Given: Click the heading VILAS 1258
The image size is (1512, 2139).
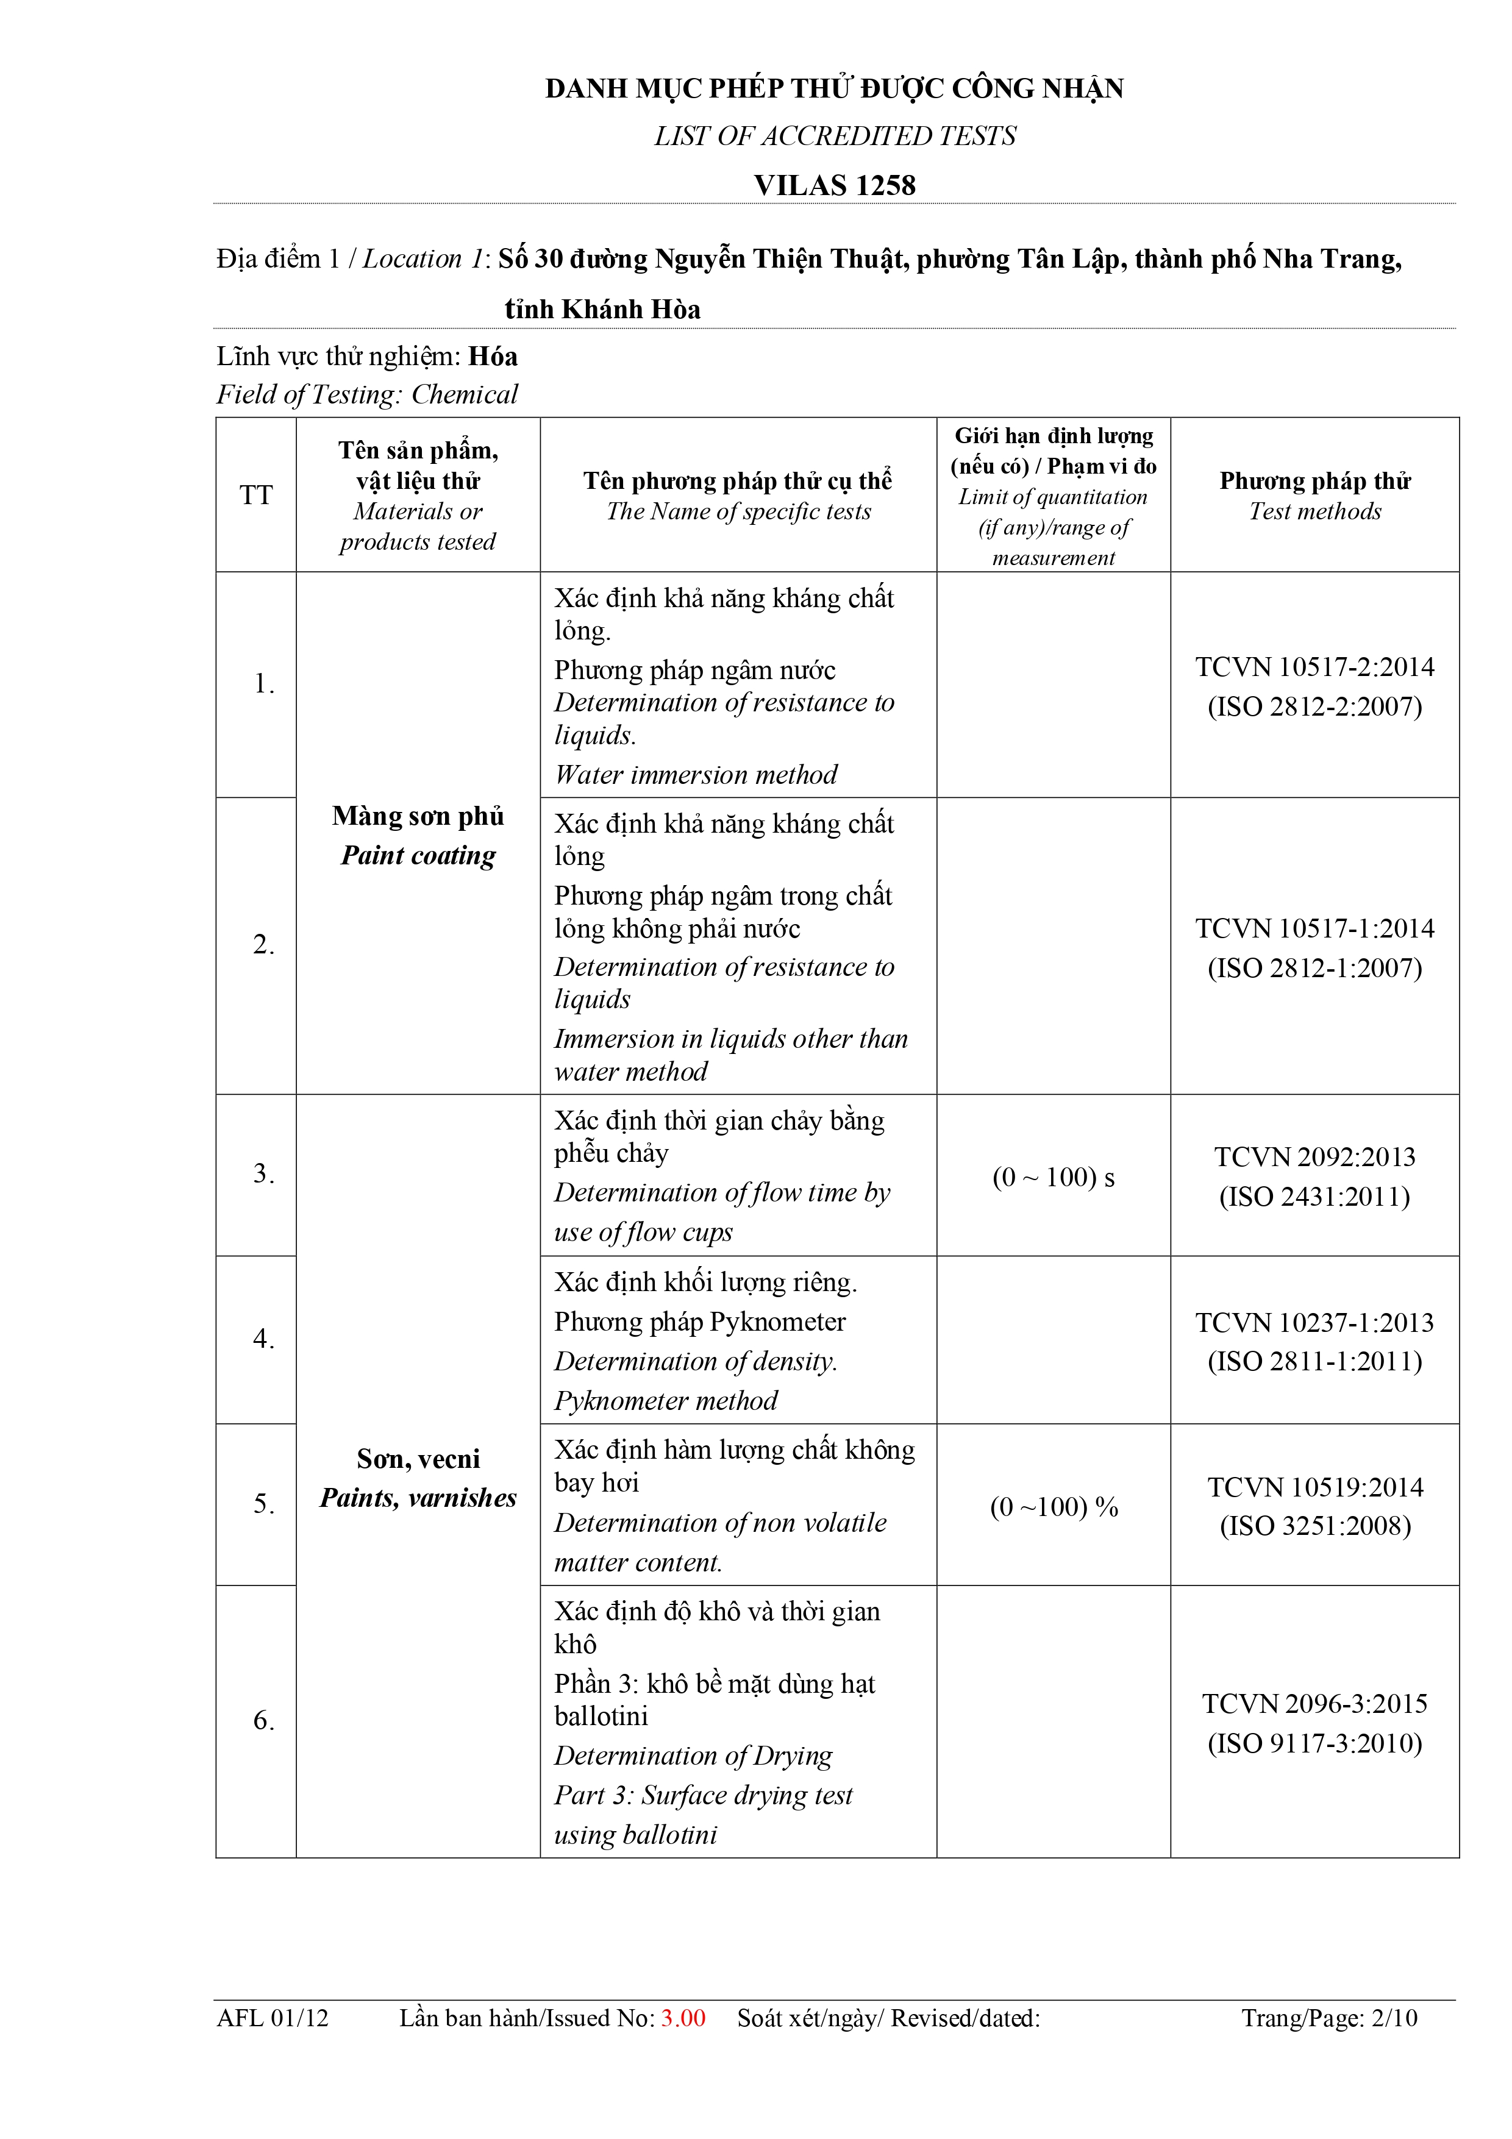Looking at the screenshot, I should tap(835, 185).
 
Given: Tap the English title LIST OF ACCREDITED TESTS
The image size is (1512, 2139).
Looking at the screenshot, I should tap(835, 136).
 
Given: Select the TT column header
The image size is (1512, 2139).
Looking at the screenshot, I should tap(256, 495).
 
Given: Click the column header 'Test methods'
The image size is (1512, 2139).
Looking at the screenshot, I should tap(1314, 511).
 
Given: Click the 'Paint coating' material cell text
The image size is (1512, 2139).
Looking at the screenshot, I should tap(418, 855).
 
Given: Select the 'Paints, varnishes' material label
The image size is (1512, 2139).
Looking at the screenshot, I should tap(418, 1498).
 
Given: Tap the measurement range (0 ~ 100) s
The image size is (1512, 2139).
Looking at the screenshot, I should tap(1053, 1178).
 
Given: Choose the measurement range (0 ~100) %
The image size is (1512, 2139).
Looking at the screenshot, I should tap(1054, 1507).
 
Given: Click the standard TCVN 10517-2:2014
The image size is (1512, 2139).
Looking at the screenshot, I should tap(1314, 667).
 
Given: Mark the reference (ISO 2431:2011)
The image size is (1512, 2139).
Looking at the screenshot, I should tap(1314, 1196).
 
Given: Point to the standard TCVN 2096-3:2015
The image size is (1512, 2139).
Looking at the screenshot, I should tap(1314, 1704).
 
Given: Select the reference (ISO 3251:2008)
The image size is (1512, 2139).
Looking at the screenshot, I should tap(1314, 1525).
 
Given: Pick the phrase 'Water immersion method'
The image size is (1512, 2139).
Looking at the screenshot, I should tap(696, 775).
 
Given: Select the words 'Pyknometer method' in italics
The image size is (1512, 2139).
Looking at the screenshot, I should tap(666, 1401).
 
